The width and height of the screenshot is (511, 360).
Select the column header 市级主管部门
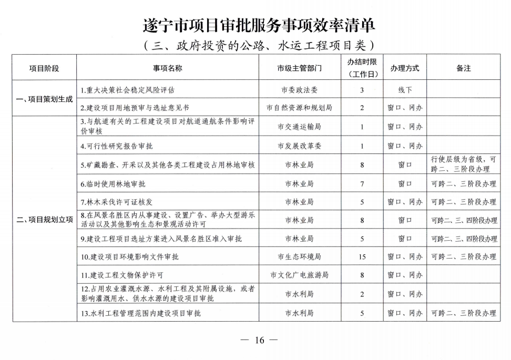pyautogui.click(x=299, y=68)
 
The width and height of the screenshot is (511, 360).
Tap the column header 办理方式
pyautogui.click(x=404, y=68)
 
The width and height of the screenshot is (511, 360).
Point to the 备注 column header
pyautogui.click(x=463, y=68)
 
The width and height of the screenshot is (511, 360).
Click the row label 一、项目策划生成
pyautogui.click(x=45, y=99)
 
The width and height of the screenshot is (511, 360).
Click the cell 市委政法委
pyautogui.click(x=299, y=90)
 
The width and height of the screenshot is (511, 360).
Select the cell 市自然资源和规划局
pyautogui.click(x=299, y=108)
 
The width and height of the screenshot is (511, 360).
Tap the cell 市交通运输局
pyautogui.click(x=299, y=127)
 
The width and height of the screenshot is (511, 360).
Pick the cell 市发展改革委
pyautogui.click(x=299, y=146)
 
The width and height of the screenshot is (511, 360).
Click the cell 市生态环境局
pyautogui.click(x=299, y=257)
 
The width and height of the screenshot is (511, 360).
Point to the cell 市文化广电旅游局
pyautogui.click(x=299, y=275)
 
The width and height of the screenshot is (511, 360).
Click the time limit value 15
pyautogui.click(x=362, y=257)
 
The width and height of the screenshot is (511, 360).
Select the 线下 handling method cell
pyautogui.click(x=404, y=90)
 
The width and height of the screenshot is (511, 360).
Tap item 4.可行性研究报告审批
pyautogui.click(x=117, y=146)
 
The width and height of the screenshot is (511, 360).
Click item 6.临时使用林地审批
pyautogui.click(x=113, y=184)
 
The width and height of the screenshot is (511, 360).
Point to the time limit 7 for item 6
pyautogui.click(x=362, y=184)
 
